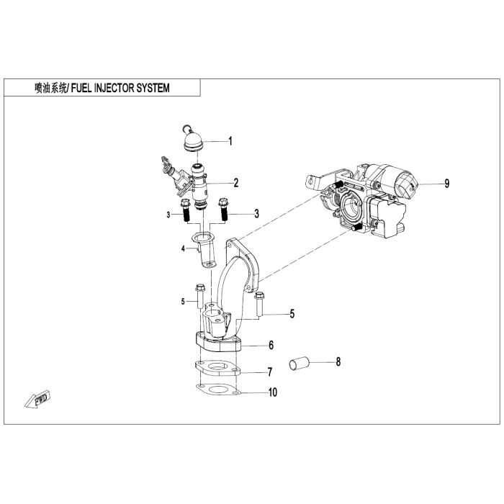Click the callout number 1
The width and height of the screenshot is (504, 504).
point(230,141)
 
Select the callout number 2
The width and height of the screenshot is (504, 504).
point(236,183)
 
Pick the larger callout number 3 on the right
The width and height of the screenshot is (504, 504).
point(256,214)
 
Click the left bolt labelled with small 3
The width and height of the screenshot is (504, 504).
point(186,210)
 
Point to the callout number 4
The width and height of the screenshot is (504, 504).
point(183,248)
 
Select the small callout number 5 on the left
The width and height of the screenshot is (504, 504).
point(183,302)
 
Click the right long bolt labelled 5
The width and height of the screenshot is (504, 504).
point(259,304)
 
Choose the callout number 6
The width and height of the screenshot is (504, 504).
point(271,345)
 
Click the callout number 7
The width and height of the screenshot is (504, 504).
point(270,372)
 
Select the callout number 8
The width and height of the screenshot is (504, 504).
point(338,361)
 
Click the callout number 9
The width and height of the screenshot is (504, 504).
point(447,184)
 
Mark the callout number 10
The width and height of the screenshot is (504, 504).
point(273,392)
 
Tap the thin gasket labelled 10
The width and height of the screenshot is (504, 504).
point(218,390)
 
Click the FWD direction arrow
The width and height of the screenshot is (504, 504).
point(37,400)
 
